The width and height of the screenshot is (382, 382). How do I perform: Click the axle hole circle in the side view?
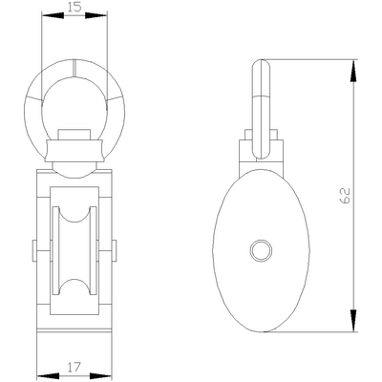[x=260, y=250]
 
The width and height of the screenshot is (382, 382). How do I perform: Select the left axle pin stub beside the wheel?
[x=37, y=250]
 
